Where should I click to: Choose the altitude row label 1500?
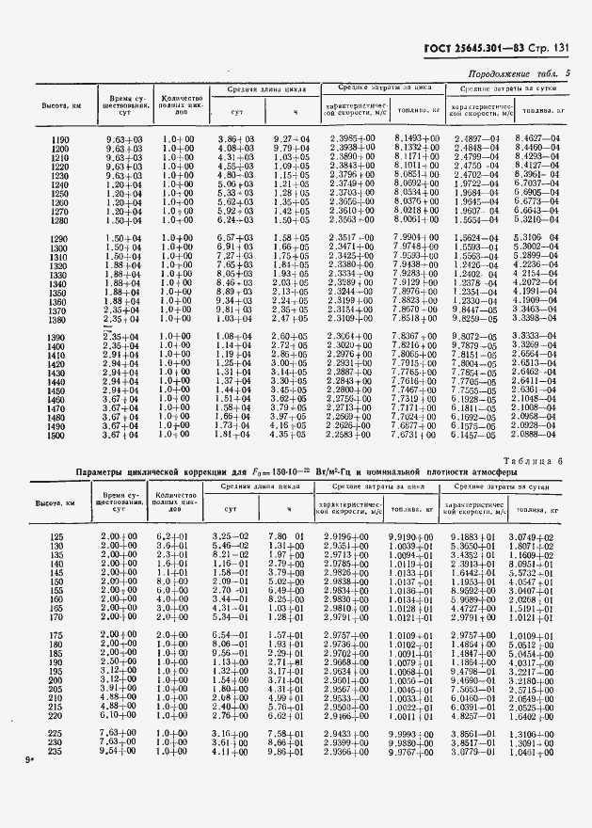point(56,435)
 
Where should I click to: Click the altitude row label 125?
point(56,536)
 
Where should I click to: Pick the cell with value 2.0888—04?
point(537,435)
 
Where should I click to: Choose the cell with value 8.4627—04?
point(537,139)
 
